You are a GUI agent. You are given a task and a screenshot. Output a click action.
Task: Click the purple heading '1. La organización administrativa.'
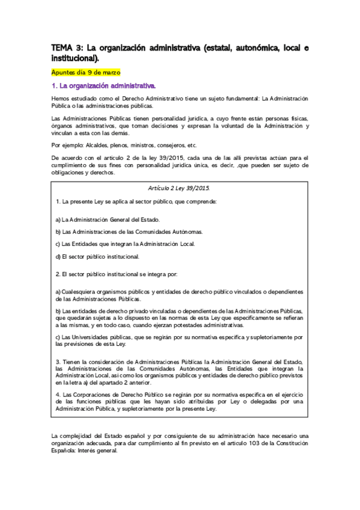tap(103, 86)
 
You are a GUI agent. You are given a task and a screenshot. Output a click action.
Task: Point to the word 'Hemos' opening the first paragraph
tap(61, 98)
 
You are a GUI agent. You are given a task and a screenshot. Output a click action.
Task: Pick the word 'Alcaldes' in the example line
tap(99, 146)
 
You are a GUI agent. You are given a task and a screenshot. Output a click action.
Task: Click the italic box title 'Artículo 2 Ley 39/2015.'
tap(180, 188)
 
